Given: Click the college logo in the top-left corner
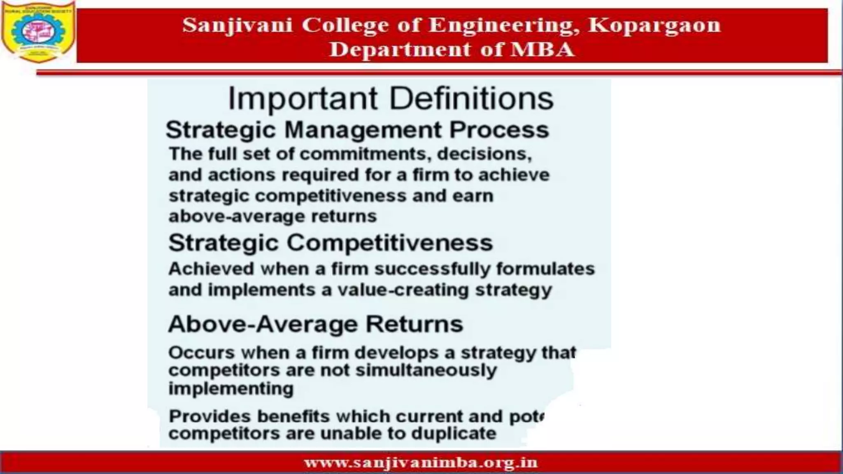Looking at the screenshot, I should point(38,31).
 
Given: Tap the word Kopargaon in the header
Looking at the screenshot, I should point(654,25).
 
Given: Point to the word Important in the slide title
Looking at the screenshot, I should point(303,99).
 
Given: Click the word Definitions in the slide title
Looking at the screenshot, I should point(471,99).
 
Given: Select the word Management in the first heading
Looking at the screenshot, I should point(363,130).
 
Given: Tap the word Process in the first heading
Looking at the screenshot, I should point(499,130).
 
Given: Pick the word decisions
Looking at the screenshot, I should point(484,154).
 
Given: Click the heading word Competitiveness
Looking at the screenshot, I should point(389,243).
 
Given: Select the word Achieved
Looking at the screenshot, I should point(211,269).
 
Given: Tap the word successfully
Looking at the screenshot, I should point(432,269).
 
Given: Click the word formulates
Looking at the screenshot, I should point(545,269).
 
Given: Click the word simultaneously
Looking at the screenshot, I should point(426,370).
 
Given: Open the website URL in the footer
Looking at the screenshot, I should point(421,463).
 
